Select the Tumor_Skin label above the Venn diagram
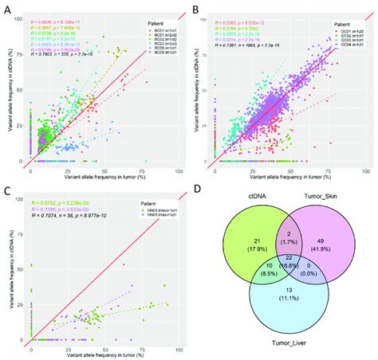pyautogui.click(x=319, y=212)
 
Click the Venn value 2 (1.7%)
pyautogui.click(x=282, y=251)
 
